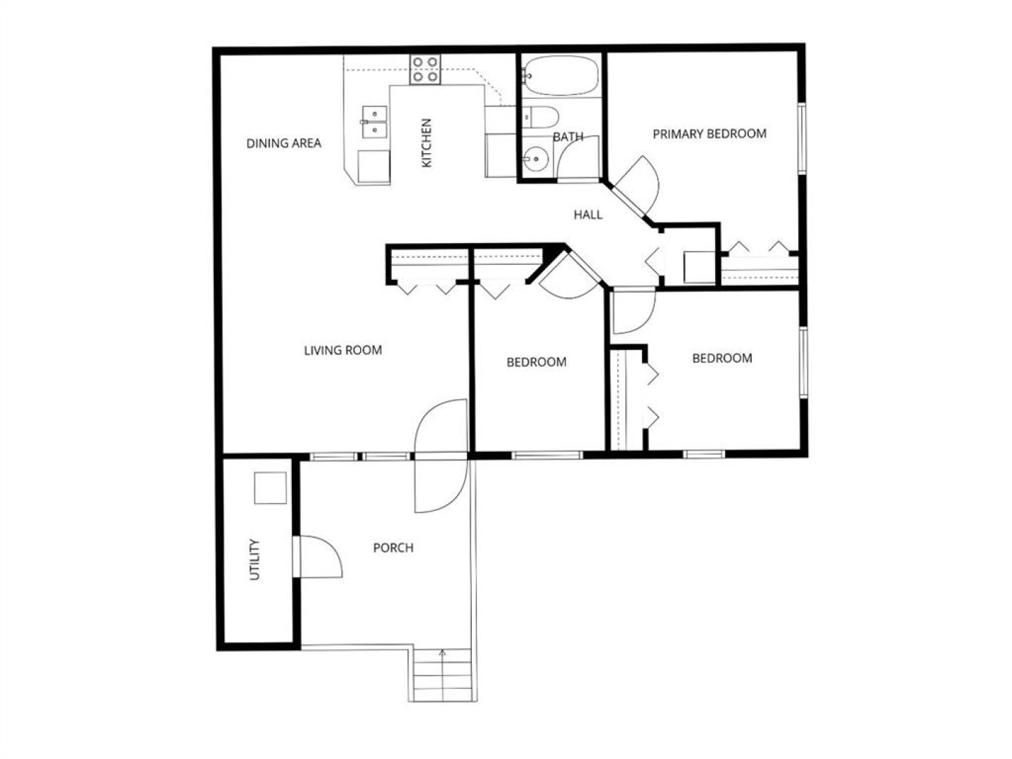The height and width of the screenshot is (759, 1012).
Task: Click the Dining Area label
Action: [283, 143]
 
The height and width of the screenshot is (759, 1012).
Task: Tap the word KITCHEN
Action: [427, 143]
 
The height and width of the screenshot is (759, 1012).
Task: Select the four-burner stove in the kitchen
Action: [425, 69]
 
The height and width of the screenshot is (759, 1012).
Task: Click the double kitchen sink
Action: [374, 122]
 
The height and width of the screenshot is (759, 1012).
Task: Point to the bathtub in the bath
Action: [561, 75]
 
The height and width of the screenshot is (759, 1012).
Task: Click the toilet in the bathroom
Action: [542, 117]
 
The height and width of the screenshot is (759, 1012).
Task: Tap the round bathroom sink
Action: [536, 159]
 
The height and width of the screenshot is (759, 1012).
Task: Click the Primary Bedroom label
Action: [710, 134]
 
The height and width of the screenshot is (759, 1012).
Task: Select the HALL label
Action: [588, 214]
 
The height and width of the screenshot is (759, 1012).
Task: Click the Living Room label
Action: [343, 350]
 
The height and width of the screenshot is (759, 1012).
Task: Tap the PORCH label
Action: [393, 547]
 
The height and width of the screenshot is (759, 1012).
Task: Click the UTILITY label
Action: [255, 559]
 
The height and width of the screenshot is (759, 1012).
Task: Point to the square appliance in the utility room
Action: [270, 488]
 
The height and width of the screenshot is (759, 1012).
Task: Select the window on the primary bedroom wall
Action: [802, 138]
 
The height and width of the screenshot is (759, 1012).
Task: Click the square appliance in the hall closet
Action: [699, 267]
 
